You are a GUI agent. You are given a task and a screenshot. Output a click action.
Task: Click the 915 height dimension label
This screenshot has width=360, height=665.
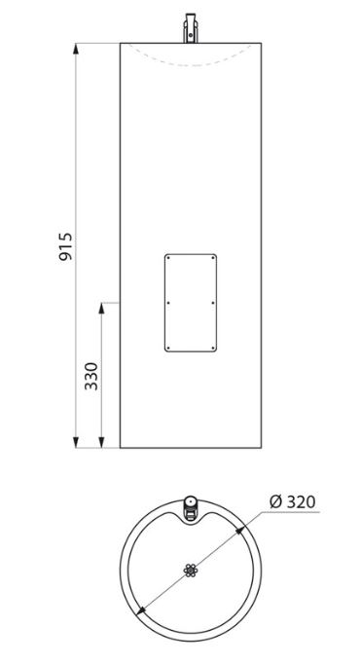66,246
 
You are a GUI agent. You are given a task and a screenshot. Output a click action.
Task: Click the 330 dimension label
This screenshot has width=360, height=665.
91,376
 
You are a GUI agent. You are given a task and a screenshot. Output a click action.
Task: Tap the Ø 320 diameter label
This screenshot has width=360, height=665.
293,502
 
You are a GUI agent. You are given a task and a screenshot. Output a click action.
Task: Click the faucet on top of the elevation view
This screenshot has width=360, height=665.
191,28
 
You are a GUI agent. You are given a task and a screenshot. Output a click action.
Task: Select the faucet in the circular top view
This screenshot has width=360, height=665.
191,509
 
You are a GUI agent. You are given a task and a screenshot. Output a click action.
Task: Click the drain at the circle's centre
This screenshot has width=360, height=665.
191,571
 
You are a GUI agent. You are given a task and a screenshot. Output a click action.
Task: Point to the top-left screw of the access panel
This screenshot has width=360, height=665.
168,258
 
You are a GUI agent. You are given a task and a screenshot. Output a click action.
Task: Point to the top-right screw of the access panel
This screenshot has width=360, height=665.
213,258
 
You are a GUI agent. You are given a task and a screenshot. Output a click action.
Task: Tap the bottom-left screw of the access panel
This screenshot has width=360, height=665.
168,348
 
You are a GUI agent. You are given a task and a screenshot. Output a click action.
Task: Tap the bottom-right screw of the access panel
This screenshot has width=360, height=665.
213,348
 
